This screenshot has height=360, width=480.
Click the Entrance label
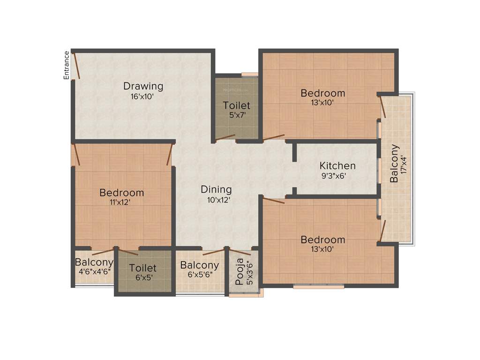click(67, 65)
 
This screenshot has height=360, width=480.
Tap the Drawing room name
click(143, 86)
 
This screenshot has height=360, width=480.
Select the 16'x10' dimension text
click(143, 97)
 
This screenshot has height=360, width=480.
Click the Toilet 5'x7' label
click(236, 105)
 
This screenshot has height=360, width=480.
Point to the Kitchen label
click(337, 165)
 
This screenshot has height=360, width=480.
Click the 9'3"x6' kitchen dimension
click(337, 176)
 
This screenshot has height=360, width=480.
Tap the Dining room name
click(216, 189)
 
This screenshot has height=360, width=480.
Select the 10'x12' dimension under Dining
click(216, 199)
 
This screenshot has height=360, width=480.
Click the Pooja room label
click(240, 272)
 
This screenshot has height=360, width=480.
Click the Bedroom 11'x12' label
click(121, 193)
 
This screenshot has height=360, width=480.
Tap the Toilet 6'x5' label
click(143, 268)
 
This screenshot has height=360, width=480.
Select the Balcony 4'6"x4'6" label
click(94, 262)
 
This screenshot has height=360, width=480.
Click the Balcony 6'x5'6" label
click(200, 265)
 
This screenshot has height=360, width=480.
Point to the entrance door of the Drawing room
click(75, 66)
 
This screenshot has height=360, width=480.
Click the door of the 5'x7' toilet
click(225, 137)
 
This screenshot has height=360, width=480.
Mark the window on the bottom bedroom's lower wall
click(319, 285)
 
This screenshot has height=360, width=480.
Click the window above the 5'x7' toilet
click(250, 74)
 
